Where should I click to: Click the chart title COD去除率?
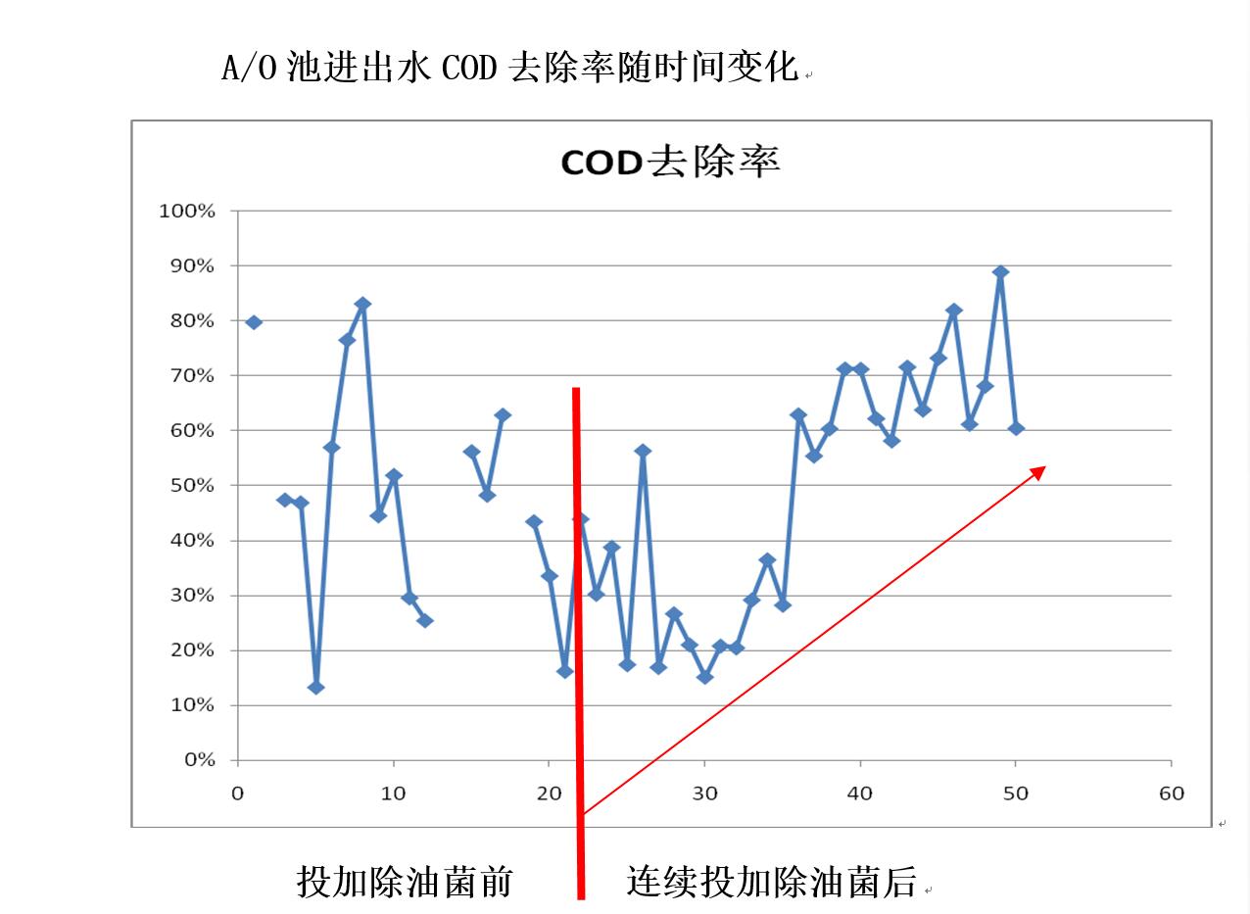[x=670, y=162]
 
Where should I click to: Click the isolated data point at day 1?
[x=254, y=322]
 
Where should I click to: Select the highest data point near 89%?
[x=1000, y=273]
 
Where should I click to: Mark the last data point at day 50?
[x=1016, y=428]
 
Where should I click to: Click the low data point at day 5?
[x=315, y=688]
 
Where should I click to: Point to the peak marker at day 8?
[x=362, y=304]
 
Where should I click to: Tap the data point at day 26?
[x=643, y=452]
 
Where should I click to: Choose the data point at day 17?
[x=503, y=415]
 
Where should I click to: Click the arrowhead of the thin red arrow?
[x=1040, y=470]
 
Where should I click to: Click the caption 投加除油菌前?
[x=405, y=882]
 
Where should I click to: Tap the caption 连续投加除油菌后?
[x=771, y=882]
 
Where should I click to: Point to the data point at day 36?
[x=798, y=415]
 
